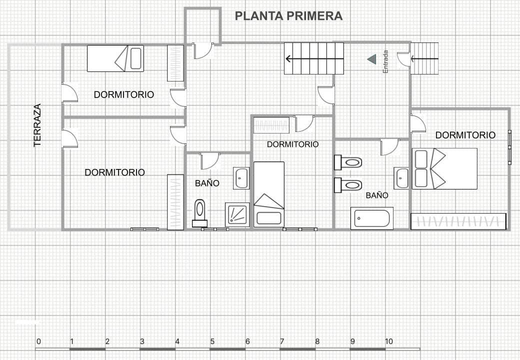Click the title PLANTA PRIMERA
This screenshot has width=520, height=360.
pyautogui.click(x=288, y=16)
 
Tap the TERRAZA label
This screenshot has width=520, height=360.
pyautogui.click(x=37, y=125)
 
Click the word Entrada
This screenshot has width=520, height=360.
pyautogui.click(x=385, y=61)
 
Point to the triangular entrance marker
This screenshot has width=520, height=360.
pyautogui.click(x=372, y=59)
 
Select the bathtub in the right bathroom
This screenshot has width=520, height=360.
pyautogui.click(x=371, y=218)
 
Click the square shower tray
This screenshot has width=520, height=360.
pyautogui.click(x=237, y=214)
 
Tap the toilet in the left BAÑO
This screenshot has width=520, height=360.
pyautogui.click(x=200, y=213)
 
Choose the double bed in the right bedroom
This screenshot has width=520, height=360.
pyautogui.click(x=444, y=168)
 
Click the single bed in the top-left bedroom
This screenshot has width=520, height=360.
pyautogui.click(x=115, y=58)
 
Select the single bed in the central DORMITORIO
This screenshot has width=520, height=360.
pyautogui.click(x=269, y=194)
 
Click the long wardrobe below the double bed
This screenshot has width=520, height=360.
pyautogui.click(x=458, y=221)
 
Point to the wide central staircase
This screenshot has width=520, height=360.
pyautogui.click(x=314, y=58)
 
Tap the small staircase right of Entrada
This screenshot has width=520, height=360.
pyautogui.click(x=424, y=58)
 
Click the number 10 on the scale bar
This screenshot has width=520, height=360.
pyautogui.click(x=388, y=341)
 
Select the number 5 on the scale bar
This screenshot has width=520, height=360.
pyautogui.click(x=212, y=341)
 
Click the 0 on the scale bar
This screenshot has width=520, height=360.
pyautogui.click(x=38, y=341)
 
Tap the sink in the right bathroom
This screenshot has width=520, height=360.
pyautogui.click(x=401, y=178)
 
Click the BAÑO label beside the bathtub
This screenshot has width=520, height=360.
pyautogui.click(x=377, y=195)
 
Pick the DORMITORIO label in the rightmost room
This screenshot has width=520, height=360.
pyautogui.click(x=465, y=135)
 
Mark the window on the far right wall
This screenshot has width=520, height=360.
pyautogui.click(x=509, y=147)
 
